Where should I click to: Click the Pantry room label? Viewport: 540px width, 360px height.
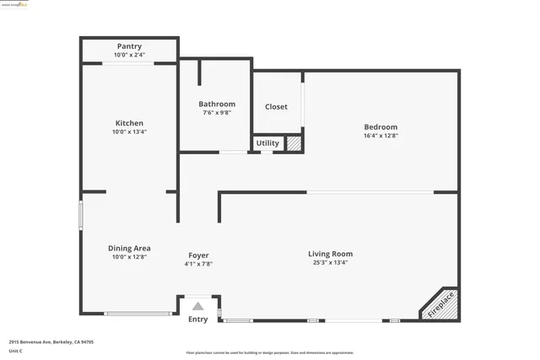point(128,46)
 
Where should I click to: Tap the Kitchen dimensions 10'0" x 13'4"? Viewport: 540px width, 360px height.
point(128,132)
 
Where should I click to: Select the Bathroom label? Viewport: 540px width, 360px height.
point(217,104)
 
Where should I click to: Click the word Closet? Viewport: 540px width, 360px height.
point(276,107)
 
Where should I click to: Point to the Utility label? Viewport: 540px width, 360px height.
point(267,143)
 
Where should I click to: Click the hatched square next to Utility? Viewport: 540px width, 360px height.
point(294,144)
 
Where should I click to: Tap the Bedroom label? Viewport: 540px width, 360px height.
point(381,127)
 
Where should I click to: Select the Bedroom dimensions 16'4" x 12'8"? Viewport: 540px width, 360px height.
point(381,136)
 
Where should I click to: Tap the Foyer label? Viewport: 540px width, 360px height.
point(198,255)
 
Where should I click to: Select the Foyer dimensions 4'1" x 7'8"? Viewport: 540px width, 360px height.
point(198,264)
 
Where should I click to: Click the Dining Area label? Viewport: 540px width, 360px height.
point(129,248)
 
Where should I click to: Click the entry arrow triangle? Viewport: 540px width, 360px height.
point(197,306)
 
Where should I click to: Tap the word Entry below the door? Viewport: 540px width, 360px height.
point(197,319)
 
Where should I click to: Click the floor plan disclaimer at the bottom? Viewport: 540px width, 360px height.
point(269,352)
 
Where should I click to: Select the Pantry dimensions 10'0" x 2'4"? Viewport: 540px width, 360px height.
point(129,55)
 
